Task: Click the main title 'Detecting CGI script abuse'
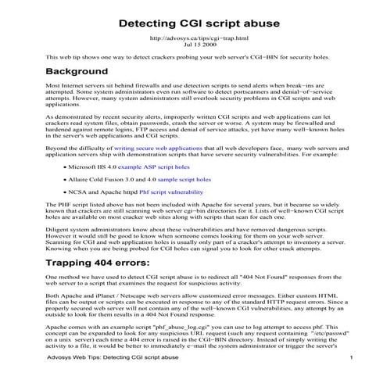coord(188,23)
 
